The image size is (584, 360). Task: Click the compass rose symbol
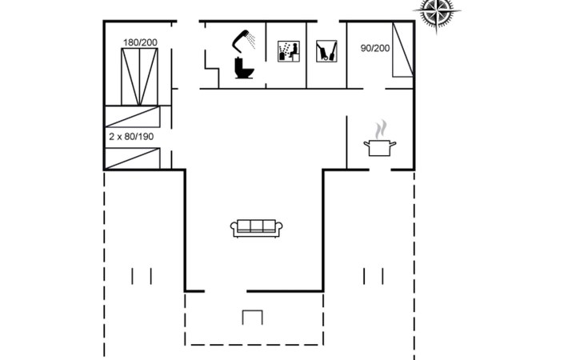pos(437,11)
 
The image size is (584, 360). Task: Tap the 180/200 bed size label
pos(140,42)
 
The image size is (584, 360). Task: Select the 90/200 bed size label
pos(375,48)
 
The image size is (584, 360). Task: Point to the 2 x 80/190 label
pos(131,137)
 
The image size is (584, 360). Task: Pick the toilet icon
pos(244,68)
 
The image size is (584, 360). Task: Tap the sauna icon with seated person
pos(289,51)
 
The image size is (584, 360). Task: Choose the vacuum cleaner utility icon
pos(326,51)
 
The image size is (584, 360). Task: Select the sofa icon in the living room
pos(256,228)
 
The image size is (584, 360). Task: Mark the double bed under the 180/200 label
pos(140,77)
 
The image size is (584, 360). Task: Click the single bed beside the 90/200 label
pos(403,50)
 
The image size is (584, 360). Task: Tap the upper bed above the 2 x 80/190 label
pos(133,117)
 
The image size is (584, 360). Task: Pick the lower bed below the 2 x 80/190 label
pos(133,158)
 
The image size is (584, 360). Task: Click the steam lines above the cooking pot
pos(381,129)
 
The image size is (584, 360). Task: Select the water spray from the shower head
pos(251,41)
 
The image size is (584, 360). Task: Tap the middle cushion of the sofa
pos(256,226)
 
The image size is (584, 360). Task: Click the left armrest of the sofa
pos(234,228)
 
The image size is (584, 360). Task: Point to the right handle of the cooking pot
pos(393,144)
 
